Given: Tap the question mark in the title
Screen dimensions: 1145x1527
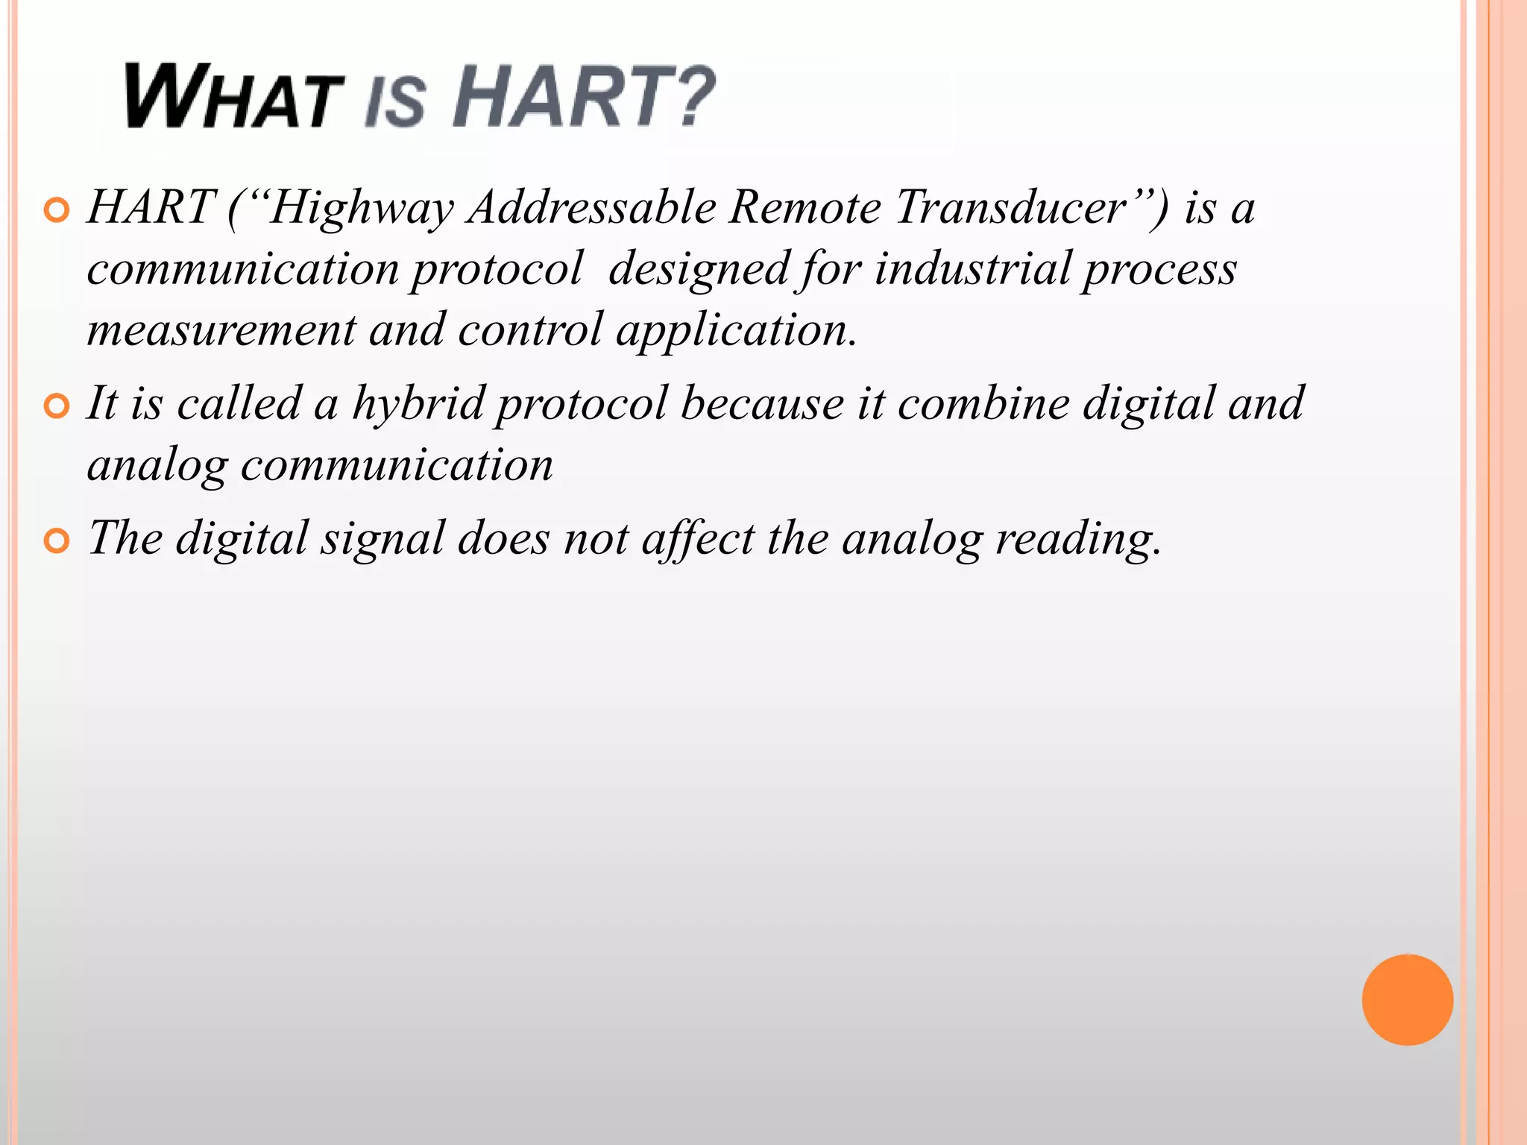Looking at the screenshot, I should [x=689, y=96].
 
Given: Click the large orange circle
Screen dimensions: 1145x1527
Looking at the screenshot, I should [x=1407, y=1000].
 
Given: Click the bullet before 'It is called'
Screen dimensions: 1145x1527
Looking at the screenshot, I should [x=57, y=407].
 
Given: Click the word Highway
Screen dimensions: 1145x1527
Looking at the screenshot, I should [x=361, y=209].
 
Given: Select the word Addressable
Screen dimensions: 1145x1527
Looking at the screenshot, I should [x=592, y=207].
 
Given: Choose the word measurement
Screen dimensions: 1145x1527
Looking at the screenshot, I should [x=221, y=330].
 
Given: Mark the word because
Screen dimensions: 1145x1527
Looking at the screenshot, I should [x=762, y=403].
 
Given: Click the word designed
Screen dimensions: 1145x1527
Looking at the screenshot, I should [x=699, y=270].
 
